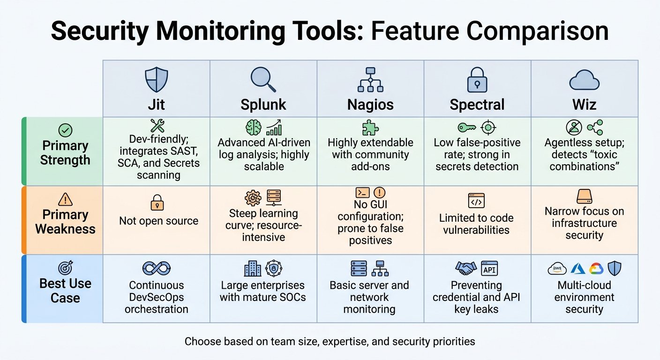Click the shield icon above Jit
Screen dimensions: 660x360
pyautogui.click(x=157, y=80)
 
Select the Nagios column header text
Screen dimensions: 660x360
pyautogui.click(x=370, y=105)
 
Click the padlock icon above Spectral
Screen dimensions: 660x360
pyautogui.click(x=477, y=80)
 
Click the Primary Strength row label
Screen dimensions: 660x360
pyautogui.click(x=65, y=153)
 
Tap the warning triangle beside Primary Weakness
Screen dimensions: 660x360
pyautogui.click(x=65, y=199)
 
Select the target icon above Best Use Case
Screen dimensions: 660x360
pyautogui.click(x=66, y=268)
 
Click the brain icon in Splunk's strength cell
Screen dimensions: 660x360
pyautogui.click(x=254, y=127)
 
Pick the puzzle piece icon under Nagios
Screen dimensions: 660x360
pyautogui.click(x=370, y=127)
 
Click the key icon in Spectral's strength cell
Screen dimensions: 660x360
pyautogui.click(x=467, y=127)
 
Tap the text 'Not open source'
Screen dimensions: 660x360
pyautogui.click(x=158, y=221)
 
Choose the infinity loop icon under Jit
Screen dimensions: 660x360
pyautogui.click(x=157, y=268)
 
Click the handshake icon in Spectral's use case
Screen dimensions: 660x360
pyautogui.click(x=466, y=268)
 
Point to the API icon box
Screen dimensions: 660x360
pyautogui.click(x=489, y=268)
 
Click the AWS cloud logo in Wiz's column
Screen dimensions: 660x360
pyautogui.click(x=557, y=269)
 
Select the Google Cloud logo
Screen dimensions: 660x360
pyautogui.click(x=596, y=269)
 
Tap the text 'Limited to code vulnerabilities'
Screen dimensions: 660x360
pyautogui.click(x=476, y=224)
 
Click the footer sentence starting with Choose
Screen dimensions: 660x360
pyautogui.click(x=330, y=341)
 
